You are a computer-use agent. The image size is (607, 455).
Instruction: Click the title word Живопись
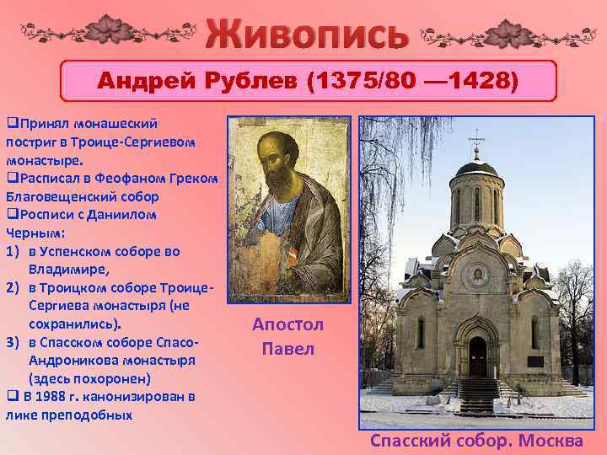(307, 34)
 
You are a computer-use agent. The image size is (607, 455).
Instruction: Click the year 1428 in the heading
(485, 82)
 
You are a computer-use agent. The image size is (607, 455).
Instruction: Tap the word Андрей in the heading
(148, 82)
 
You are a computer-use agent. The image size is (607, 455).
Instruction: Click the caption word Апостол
(287, 326)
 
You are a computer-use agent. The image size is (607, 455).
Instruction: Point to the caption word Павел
(287, 348)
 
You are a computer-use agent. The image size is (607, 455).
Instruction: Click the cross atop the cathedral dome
(477, 136)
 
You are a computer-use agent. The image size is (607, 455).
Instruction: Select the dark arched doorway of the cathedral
(477, 356)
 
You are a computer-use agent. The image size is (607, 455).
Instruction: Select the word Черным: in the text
(30, 233)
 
